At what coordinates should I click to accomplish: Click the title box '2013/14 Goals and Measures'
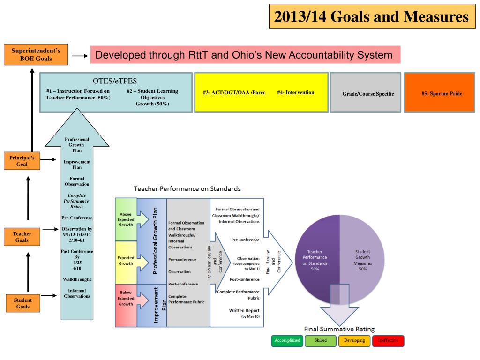[x=371, y=17]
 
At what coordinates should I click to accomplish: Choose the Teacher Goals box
[x=22, y=237]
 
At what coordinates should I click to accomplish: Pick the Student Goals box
[x=22, y=303]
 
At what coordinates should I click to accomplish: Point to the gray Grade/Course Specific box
[x=368, y=93]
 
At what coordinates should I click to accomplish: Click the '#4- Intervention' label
[x=295, y=92]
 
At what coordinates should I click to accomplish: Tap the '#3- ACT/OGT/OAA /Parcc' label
[x=234, y=92]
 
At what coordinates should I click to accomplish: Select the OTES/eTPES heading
[x=115, y=81]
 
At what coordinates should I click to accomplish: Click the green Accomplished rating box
[x=287, y=340]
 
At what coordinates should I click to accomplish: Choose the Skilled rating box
[x=321, y=340]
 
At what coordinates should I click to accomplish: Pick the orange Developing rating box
[x=354, y=340]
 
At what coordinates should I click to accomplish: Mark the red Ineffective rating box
[x=388, y=340]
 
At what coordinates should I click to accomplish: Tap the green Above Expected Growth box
[x=126, y=219]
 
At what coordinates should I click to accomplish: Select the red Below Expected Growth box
[x=126, y=298]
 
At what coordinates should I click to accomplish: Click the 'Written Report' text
[x=244, y=310]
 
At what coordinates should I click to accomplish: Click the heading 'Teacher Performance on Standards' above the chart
[x=187, y=189]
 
